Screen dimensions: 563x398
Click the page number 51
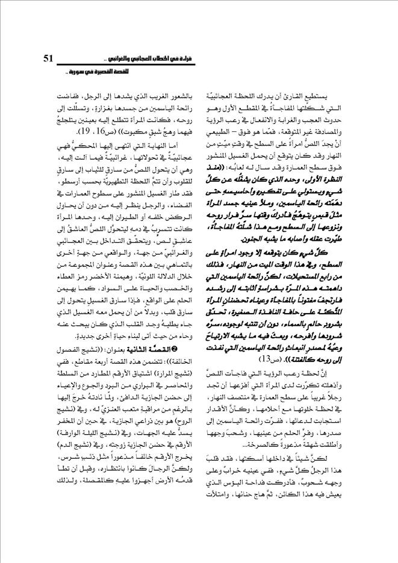[49, 58]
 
